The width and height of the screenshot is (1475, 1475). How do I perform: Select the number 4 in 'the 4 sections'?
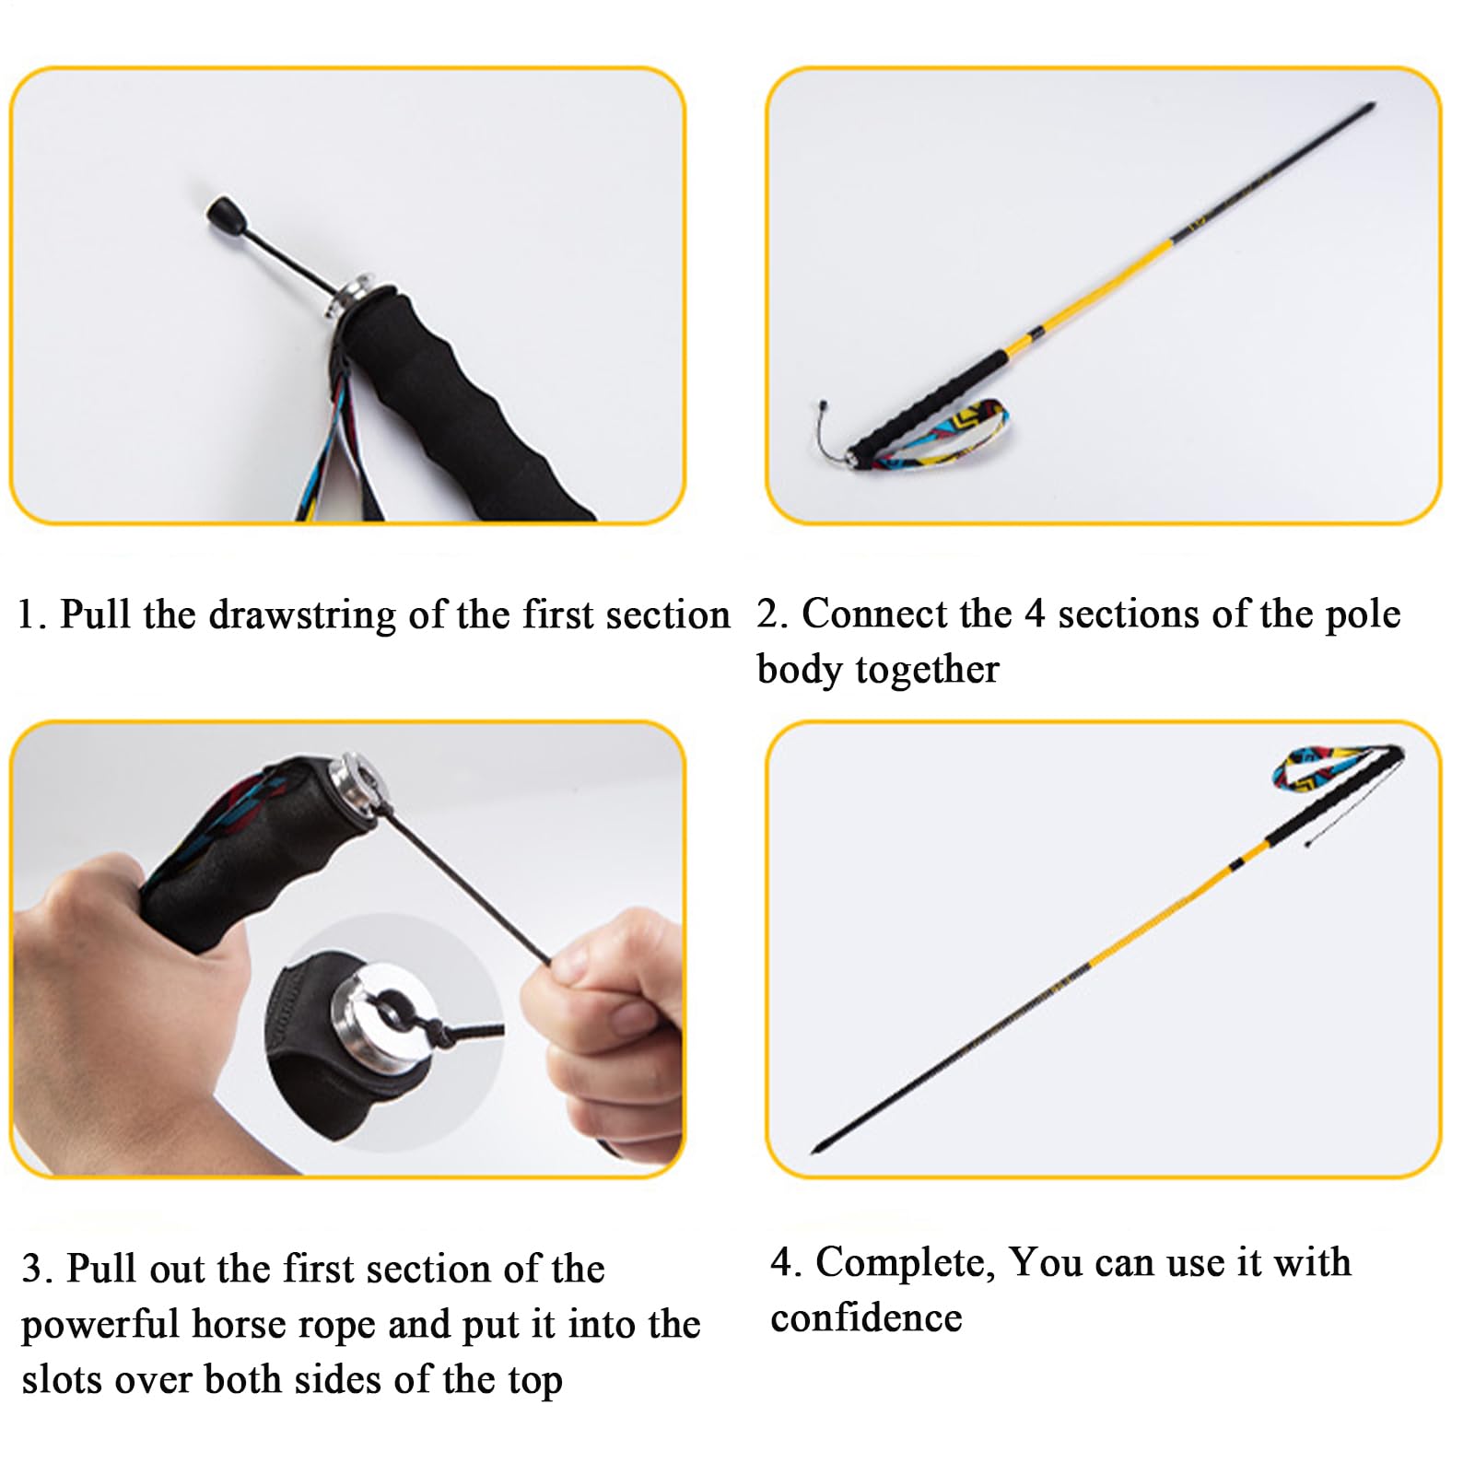[x=1035, y=615]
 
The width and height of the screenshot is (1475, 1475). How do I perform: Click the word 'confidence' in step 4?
[x=866, y=1318]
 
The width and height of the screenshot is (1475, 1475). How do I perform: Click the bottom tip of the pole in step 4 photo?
[x=815, y=1151]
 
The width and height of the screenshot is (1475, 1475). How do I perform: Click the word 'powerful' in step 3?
[x=100, y=1325]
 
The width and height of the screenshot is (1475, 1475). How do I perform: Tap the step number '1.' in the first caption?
[x=32, y=615]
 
